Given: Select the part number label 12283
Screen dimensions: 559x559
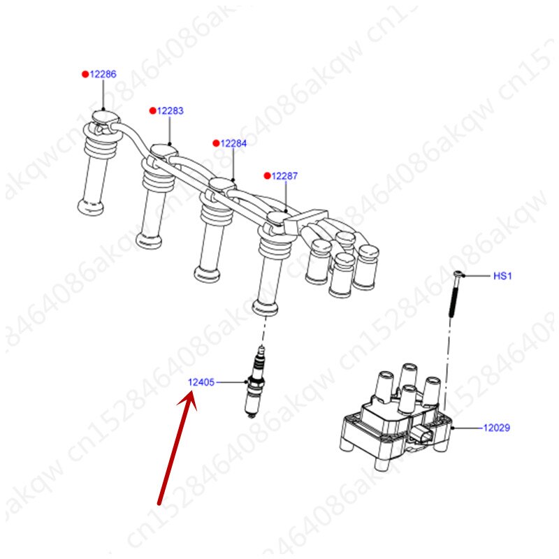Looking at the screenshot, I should [170, 110].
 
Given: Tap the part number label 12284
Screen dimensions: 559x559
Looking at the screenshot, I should [233, 143].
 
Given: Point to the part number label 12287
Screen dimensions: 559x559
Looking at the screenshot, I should [284, 176].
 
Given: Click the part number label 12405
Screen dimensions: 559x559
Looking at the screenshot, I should [201, 382].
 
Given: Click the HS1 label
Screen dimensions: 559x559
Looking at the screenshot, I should [503, 276].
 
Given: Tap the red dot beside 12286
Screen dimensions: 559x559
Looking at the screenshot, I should [85, 73].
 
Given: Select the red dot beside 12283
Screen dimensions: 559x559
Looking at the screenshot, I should [152, 110].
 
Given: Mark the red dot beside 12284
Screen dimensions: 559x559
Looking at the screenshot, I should [216, 143].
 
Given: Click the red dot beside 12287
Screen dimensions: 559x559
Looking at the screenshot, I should [267, 176].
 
